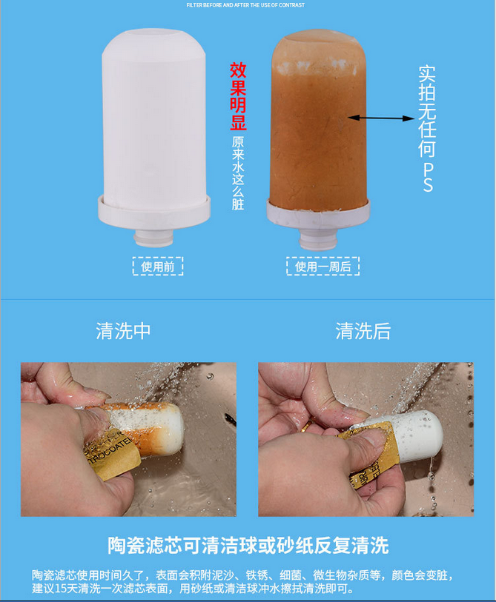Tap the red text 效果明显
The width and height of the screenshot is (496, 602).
(x=238, y=96)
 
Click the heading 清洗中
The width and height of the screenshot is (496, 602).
(x=123, y=330)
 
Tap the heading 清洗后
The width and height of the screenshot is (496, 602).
(x=363, y=330)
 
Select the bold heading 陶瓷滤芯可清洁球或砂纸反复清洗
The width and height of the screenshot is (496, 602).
(x=248, y=546)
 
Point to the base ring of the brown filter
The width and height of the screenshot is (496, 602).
(x=319, y=213)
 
